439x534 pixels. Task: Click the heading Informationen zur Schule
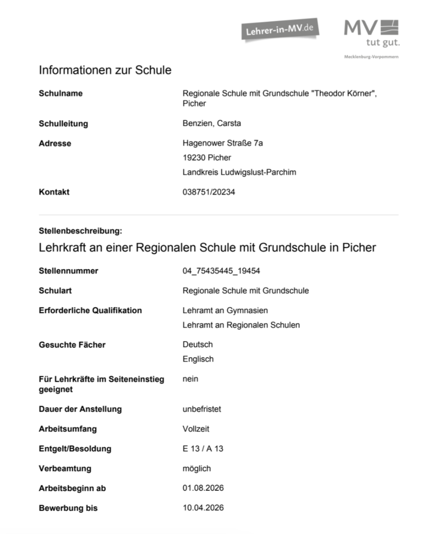click(105, 70)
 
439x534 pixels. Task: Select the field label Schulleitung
click(63, 124)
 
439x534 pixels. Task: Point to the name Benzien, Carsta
click(212, 123)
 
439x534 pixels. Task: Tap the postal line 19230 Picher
click(207, 158)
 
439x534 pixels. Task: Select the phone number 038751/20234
click(209, 192)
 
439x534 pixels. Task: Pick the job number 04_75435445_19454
click(221, 270)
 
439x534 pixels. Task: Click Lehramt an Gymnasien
click(225, 310)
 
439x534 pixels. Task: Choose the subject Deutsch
click(197, 344)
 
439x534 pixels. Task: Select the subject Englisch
click(198, 359)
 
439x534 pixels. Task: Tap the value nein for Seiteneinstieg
click(190, 379)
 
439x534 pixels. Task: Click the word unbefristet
click(202, 409)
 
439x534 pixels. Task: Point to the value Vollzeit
click(196, 429)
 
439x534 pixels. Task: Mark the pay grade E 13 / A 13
click(203, 448)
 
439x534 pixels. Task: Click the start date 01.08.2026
click(203, 488)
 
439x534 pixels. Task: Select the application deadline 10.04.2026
click(203, 508)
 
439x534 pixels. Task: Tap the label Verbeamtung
click(65, 468)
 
